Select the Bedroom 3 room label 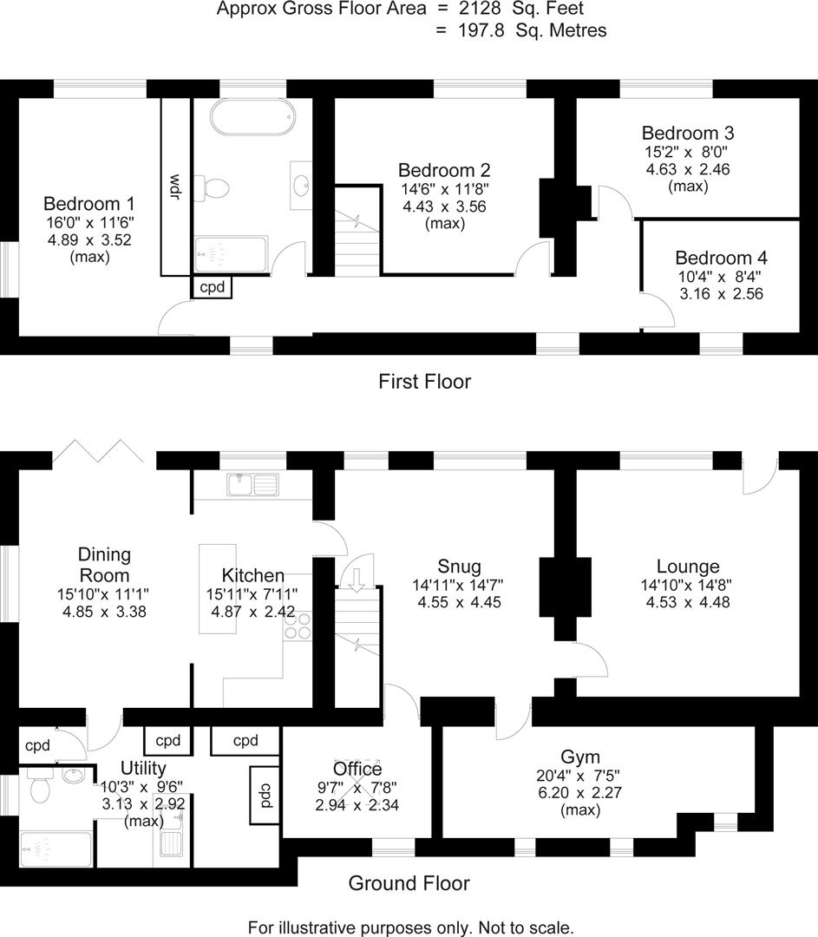[688, 134]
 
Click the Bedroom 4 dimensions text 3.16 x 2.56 [721, 293]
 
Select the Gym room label [580, 757]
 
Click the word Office [357, 769]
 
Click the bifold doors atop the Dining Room [98, 451]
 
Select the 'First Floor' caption [424, 381]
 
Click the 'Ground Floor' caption [409, 883]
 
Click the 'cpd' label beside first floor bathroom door [213, 286]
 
